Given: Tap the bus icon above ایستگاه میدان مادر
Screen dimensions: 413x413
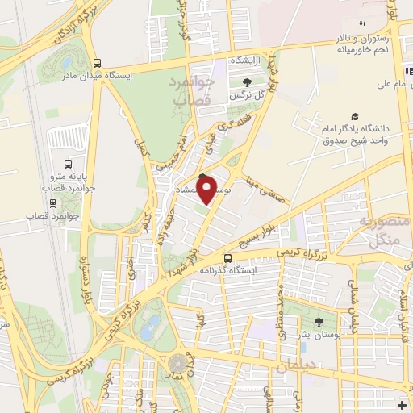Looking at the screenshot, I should coord(98,63).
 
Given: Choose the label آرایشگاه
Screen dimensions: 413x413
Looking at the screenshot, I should coord(247,60).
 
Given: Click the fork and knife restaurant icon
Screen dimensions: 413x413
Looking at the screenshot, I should coord(362,27).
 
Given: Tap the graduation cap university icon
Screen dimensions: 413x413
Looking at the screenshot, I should coord(356,117).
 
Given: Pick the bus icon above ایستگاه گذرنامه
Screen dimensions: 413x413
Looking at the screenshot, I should coord(227,259).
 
